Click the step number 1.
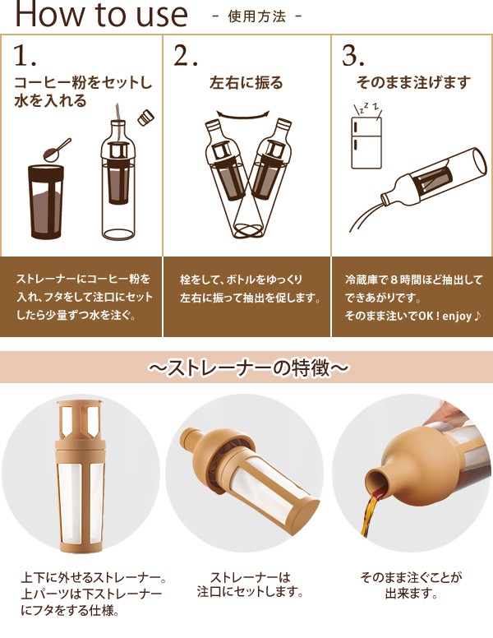coord(25,55)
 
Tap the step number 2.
coord(185,55)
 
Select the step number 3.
coord(352,55)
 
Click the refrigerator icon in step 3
coord(366,142)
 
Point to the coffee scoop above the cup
coord(58,150)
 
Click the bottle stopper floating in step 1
coord(145,118)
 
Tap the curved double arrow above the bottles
coord(243,115)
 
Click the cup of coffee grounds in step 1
coord(46,201)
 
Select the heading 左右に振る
coord(246,82)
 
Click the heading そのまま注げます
coord(413,82)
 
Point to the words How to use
coord(101,14)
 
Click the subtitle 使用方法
coord(256,16)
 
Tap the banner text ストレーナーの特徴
coord(248,368)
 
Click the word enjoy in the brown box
coord(457,317)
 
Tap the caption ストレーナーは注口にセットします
coord(250,585)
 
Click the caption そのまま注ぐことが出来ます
coord(411,585)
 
